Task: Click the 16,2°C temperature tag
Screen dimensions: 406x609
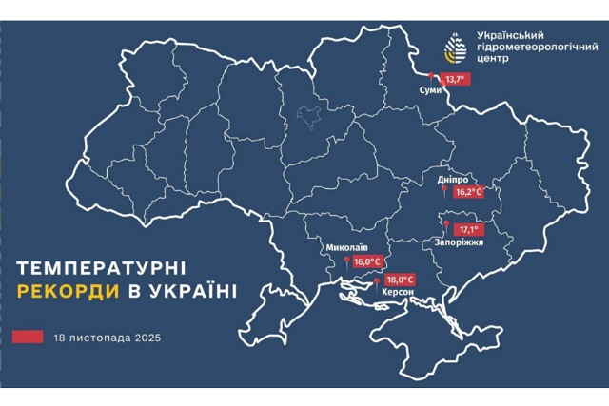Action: pos(468,191)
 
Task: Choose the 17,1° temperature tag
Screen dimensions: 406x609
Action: pos(470,229)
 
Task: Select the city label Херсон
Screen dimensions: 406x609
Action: pos(397,294)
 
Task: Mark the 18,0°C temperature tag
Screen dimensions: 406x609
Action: pos(400,280)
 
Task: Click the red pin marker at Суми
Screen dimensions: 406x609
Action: pos(432,77)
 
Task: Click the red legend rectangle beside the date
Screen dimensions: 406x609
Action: pos(29,337)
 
